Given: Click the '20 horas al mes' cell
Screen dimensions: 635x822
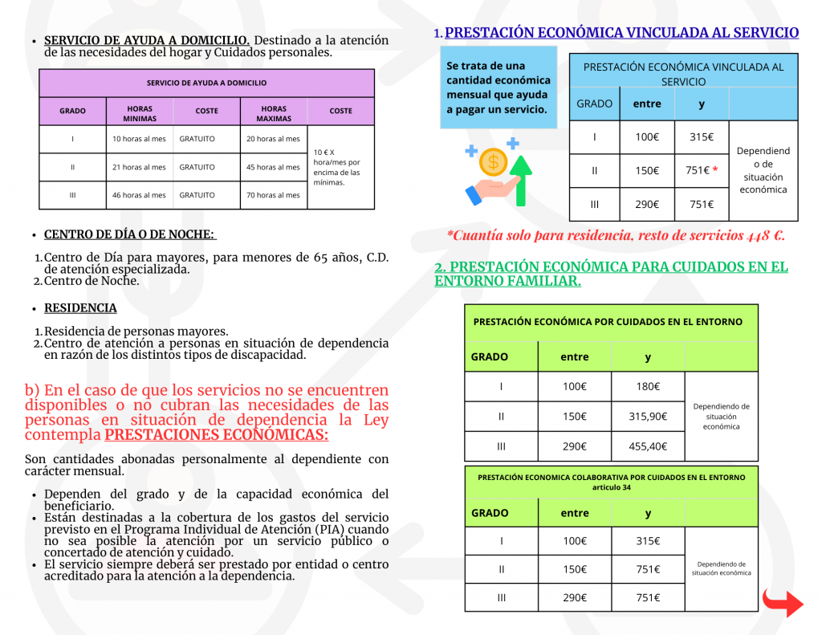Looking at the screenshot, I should click(273, 139).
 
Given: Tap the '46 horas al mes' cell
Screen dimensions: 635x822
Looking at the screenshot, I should click(139, 195).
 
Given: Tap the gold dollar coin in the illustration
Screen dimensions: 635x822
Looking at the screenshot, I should click(493, 163).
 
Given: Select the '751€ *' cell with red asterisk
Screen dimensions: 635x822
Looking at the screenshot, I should click(701, 170).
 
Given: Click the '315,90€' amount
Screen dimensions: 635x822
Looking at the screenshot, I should click(648, 416).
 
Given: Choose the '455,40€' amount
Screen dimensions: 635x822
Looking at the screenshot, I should click(648, 446).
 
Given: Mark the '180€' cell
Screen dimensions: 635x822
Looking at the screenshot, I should click(648, 386).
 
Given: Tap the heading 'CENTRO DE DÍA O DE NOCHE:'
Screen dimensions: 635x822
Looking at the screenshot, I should click(129, 234).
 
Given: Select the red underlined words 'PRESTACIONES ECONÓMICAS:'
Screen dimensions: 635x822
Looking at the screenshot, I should click(217, 435).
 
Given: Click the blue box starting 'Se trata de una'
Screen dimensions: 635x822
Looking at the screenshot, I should click(498, 88).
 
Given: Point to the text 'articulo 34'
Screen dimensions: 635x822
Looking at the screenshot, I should click(611, 487).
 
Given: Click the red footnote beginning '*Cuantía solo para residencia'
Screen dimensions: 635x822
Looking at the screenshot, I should click(616, 236).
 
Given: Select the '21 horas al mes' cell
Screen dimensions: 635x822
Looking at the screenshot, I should click(139, 167).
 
